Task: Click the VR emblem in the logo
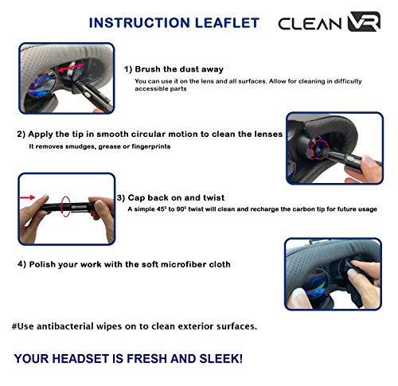click(x=364, y=21)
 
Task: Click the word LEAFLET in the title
click(x=227, y=23)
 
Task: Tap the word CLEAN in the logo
click(x=310, y=24)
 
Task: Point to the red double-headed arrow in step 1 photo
click(x=71, y=68)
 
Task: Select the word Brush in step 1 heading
click(x=148, y=69)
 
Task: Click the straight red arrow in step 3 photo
click(x=28, y=197)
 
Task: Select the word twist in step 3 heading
click(x=214, y=197)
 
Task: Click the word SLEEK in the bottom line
click(x=220, y=359)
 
